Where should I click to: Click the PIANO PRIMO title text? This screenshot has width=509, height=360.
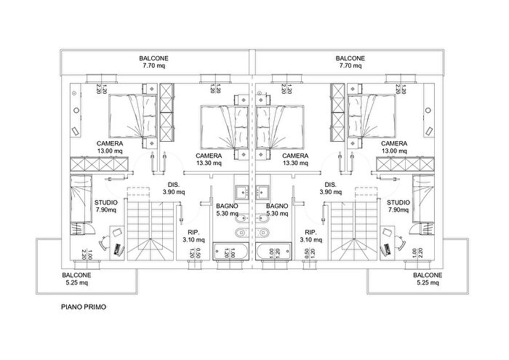[84, 307]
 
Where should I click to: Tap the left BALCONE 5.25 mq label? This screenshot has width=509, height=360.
[76, 279]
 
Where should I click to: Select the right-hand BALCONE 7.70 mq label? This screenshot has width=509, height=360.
[350, 62]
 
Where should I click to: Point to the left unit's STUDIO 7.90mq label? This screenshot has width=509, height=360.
[106, 206]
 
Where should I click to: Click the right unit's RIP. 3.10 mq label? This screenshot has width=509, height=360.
[310, 236]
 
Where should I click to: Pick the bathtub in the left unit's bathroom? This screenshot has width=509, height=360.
[230, 251]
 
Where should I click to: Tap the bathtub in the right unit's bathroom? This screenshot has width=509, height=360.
[273, 251]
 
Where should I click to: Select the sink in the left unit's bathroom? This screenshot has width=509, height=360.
[241, 192]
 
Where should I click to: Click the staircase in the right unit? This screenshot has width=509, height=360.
[355, 231]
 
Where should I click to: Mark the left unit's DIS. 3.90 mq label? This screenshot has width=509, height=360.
[174, 188]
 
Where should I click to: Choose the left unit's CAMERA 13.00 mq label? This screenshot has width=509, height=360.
[110, 147]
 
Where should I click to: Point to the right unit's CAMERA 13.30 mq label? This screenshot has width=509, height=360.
[295, 159]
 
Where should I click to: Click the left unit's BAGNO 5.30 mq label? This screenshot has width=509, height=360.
[227, 209]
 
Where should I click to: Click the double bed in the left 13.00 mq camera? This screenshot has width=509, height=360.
[133, 116]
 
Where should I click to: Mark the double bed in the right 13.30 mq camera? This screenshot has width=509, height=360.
[280, 127]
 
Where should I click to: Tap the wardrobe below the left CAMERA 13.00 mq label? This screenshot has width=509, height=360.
[99, 164]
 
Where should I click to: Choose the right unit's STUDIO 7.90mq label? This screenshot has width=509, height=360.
[398, 206]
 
